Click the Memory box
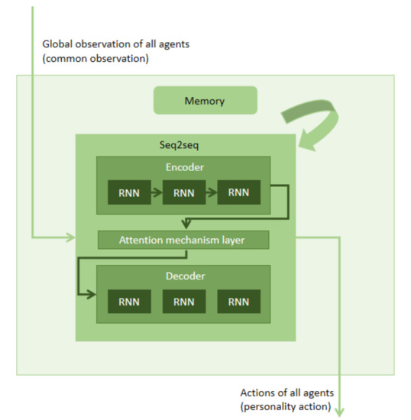(204, 100)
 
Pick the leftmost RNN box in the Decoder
(128, 302)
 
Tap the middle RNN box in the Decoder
(183, 302)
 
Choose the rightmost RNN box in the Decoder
(238, 302)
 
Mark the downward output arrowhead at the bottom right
(341, 412)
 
